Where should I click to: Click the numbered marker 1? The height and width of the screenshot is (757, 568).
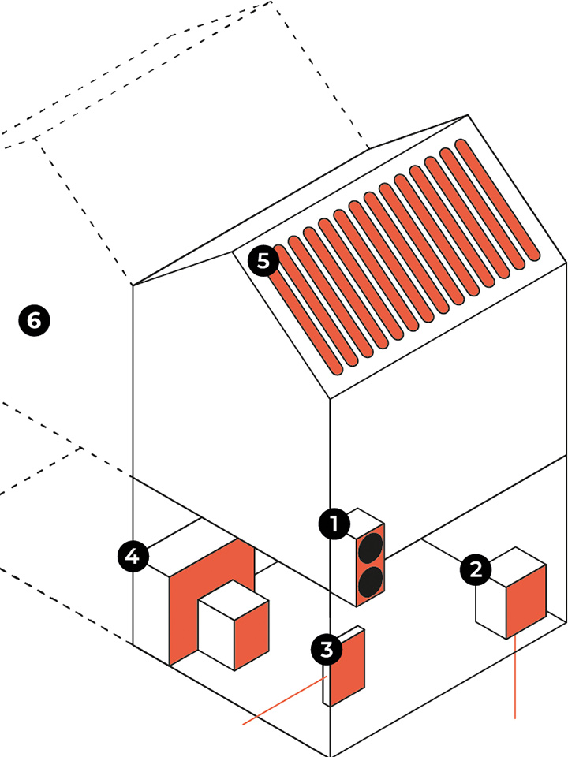[x=334, y=524]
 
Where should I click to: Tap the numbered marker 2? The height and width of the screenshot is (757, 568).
[x=476, y=569]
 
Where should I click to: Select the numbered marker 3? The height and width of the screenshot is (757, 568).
[x=327, y=650]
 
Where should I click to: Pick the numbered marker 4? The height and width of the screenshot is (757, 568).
[x=133, y=557]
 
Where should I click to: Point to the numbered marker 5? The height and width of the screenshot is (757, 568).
[x=262, y=260]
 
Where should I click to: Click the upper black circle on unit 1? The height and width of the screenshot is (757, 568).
[x=370, y=548]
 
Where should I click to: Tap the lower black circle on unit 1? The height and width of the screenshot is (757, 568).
[x=370, y=582]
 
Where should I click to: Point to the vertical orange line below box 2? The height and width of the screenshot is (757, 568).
[x=515, y=678]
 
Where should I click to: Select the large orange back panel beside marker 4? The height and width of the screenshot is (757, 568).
[x=189, y=599]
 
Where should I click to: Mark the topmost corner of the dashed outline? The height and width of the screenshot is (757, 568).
[x=271, y=2]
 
